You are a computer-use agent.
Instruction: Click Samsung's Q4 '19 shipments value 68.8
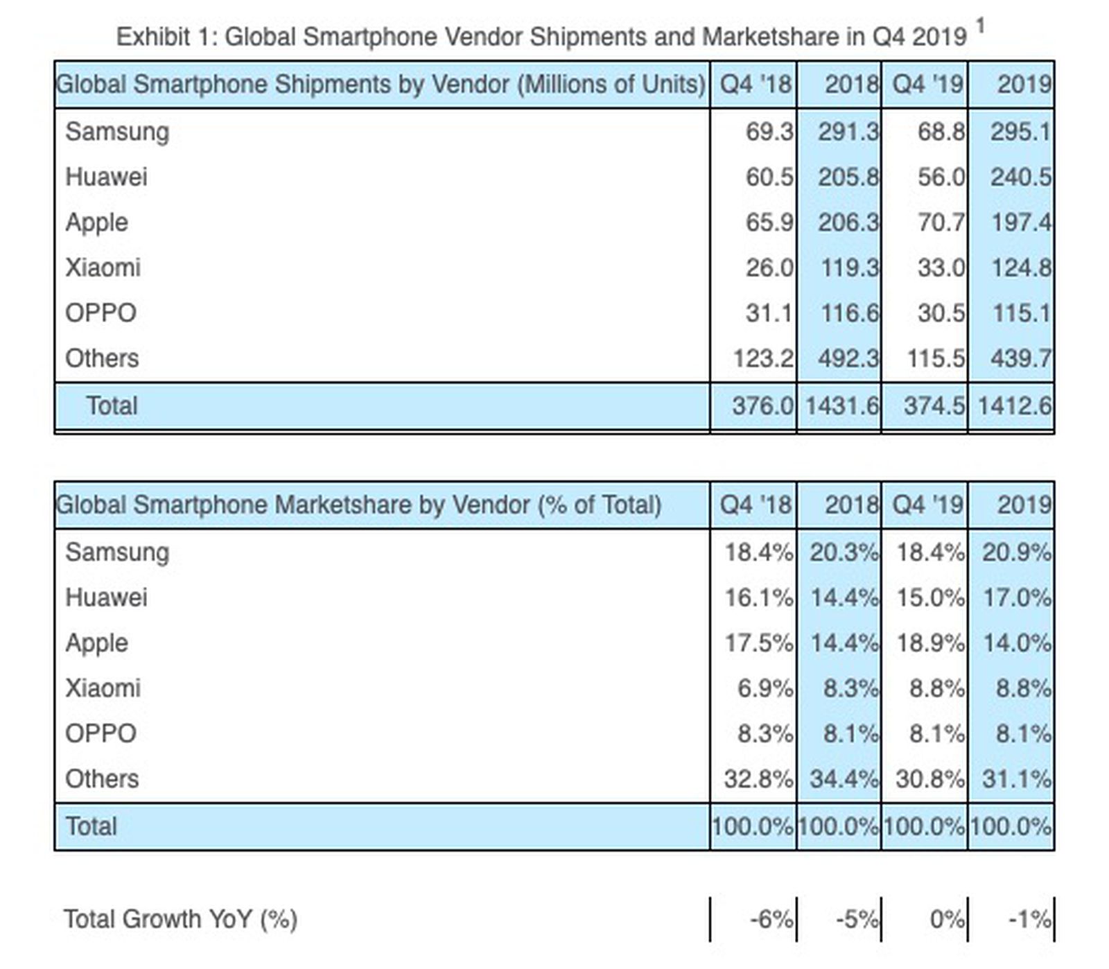coord(941,132)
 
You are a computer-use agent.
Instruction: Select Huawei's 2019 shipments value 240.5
coord(1020,177)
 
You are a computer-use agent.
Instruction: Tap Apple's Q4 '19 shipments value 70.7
coord(941,222)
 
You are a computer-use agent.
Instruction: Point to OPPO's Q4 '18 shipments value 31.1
coord(769,313)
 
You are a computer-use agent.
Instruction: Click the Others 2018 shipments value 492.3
coord(848,358)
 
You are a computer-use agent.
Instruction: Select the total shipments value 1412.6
coord(1014,405)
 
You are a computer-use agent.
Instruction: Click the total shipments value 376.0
coord(762,405)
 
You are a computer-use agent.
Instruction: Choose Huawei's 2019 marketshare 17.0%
coord(1016,597)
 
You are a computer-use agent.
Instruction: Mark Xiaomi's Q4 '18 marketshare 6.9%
coord(765,688)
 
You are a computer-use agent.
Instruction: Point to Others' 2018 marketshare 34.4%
coord(844,779)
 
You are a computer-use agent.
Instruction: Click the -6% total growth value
coord(771,920)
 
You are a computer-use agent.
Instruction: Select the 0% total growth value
coord(946,920)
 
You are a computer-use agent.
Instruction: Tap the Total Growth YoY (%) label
coord(180,920)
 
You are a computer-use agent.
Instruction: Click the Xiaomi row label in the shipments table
coord(103,268)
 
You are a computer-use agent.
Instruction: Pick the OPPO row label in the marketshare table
coord(101,733)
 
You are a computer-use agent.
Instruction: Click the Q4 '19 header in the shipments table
coord(927,85)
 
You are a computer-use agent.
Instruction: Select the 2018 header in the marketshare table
coord(851,505)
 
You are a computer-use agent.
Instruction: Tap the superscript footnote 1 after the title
coord(980,26)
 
